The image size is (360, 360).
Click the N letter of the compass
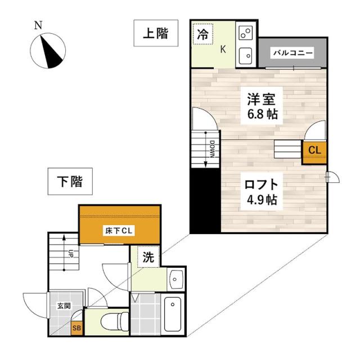[x=38, y=25]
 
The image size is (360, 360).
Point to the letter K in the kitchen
[x=223, y=49]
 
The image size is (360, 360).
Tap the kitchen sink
[x=246, y=55]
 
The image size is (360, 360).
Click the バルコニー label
[x=292, y=53]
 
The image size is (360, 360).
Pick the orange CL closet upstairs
[x=314, y=151]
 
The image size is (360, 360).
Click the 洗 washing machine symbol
[x=148, y=258]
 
